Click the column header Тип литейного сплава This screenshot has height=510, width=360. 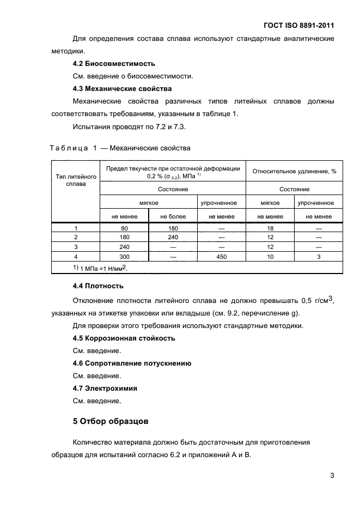[76, 180]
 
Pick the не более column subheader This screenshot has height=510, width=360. [173, 216]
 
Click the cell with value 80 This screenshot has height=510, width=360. [124, 229]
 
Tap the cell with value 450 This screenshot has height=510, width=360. [222, 256]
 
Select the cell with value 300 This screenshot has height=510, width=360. [124, 256]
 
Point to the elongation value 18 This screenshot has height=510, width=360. [270, 229]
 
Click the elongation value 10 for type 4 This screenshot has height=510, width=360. [270, 256]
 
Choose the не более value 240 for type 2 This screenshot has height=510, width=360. [173, 238]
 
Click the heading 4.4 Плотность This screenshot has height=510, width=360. [98, 286]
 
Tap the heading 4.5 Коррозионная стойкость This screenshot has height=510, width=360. [124, 338]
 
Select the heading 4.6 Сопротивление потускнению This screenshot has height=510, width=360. [132, 363]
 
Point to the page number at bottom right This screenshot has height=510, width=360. [332, 475]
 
